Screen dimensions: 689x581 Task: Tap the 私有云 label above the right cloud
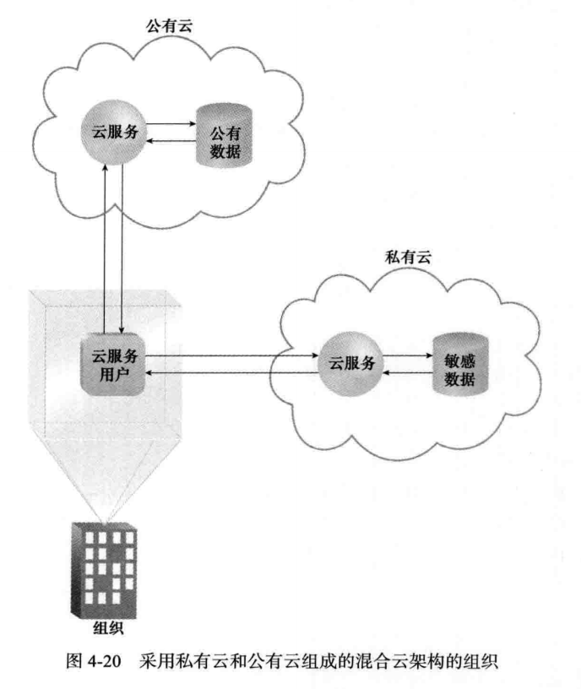click(x=408, y=257)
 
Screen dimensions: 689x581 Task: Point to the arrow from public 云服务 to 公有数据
click(x=172, y=124)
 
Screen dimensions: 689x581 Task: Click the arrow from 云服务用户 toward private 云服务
click(x=228, y=355)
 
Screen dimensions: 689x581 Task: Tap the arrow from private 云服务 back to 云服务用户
click(x=228, y=372)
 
